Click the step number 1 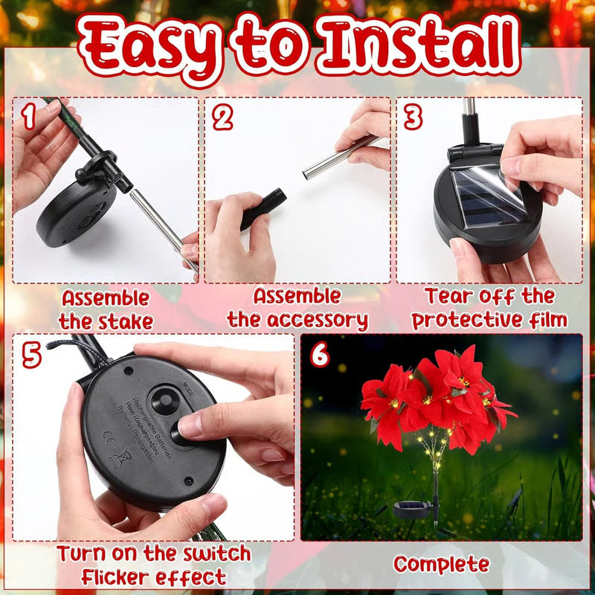pyautogui.click(x=28, y=117)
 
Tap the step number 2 pyautogui.click(x=222, y=118)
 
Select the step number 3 pyautogui.click(x=413, y=118)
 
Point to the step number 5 pyautogui.click(x=31, y=355)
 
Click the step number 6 pyautogui.click(x=319, y=355)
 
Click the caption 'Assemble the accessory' pyautogui.click(x=297, y=308)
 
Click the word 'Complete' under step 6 pyautogui.click(x=441, y=564)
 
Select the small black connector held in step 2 pyautogui.click(x=263, y=208)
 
